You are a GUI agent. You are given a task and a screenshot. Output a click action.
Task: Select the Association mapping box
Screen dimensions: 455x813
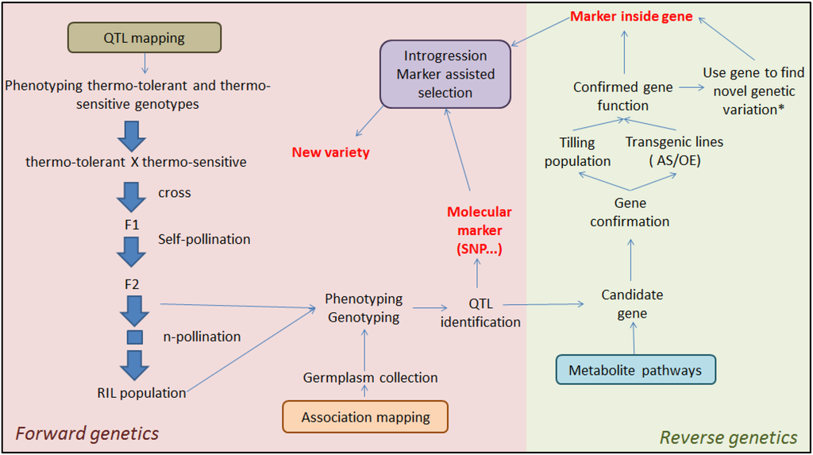click(365, 417)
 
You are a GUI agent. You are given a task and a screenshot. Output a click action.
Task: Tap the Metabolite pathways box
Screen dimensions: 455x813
click(635, 370)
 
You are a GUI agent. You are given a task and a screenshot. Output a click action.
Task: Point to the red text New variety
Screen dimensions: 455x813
click(330, 152)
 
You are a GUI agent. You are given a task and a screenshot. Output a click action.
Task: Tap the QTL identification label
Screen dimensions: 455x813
click(480, 313)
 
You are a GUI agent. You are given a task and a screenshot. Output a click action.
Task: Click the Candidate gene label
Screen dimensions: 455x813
click(631, 304)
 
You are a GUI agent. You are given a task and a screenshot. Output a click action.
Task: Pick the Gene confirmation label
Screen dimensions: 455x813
click(630, 212)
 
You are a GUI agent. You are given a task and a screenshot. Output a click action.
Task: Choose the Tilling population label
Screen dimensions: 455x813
click(577, 152)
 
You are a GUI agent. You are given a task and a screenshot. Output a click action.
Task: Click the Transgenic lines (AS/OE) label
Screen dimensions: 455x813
click(674, 151)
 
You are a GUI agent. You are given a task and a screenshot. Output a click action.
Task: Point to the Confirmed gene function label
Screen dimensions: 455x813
click(622, 96)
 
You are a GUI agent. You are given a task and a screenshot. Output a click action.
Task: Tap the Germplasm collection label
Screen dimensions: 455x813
click(370, 378)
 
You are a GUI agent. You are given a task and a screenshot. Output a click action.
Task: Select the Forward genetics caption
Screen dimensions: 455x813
click(87, 434)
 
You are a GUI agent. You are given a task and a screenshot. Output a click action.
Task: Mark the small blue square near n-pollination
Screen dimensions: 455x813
click(134, 337)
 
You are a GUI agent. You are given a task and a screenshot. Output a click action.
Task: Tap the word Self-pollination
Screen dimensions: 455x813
click(204, 239)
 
